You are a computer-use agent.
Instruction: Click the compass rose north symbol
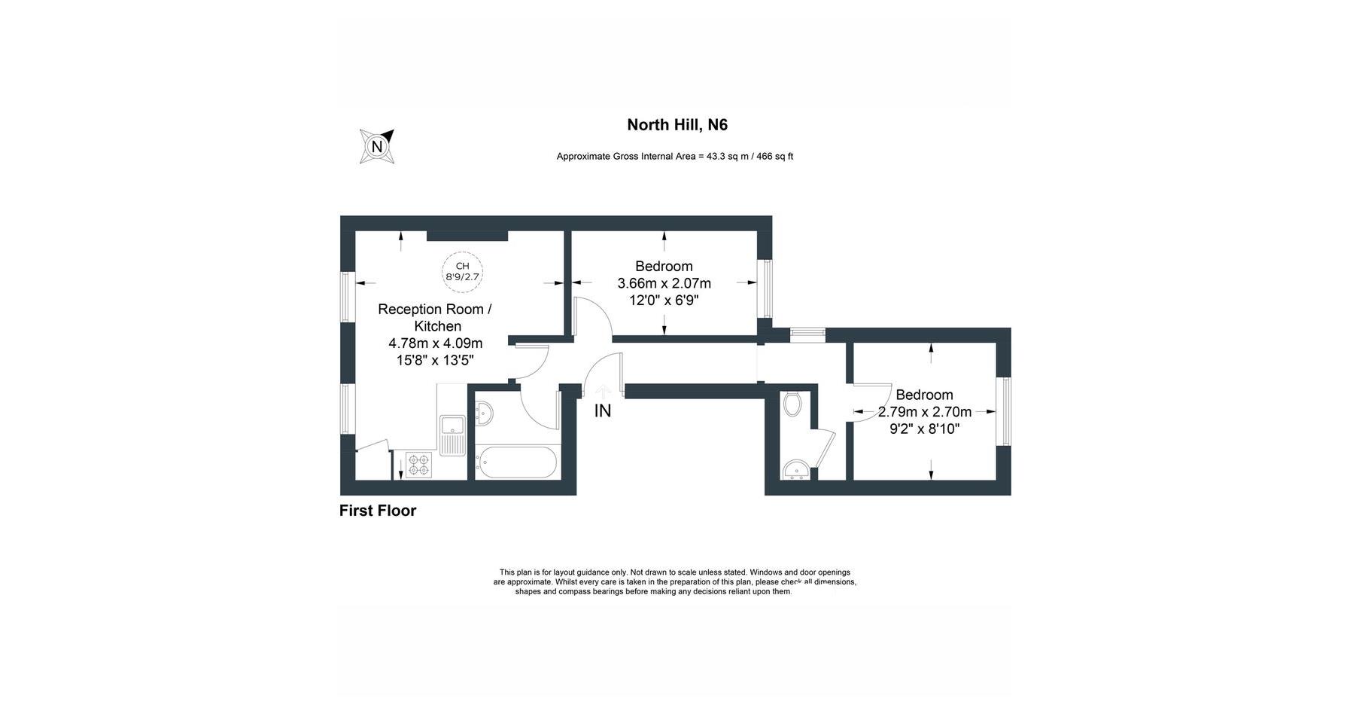click(x=377, y=146)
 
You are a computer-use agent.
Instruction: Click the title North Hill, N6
click(x=677, y=125)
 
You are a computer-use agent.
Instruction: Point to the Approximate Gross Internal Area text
click(x=674, y=157)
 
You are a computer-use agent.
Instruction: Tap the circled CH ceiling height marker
click(x=462, y=271)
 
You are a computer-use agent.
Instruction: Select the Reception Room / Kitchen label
click(x=435, y=317)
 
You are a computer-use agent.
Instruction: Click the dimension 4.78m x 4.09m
click(x=435, y=343)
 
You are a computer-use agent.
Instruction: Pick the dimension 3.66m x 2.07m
click(x=664, y=284)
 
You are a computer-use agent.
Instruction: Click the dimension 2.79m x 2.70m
click(x=924, y=412)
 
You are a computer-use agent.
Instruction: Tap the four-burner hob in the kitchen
click(x=418, y=464)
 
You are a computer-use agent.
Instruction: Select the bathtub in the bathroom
click(x=516, y=462)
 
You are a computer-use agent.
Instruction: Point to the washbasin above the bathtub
click(x=485, y=413)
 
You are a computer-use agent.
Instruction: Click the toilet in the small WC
click(x=792, y=405)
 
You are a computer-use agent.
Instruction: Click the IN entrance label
click(x=603, y=411)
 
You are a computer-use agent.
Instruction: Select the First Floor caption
click(x=378, y=511)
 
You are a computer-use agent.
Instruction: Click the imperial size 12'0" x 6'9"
click(x=664, y=301)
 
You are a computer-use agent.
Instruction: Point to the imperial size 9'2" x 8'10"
click(x=924, y=429)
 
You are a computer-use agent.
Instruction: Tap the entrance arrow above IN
click(x=603, y=392)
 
